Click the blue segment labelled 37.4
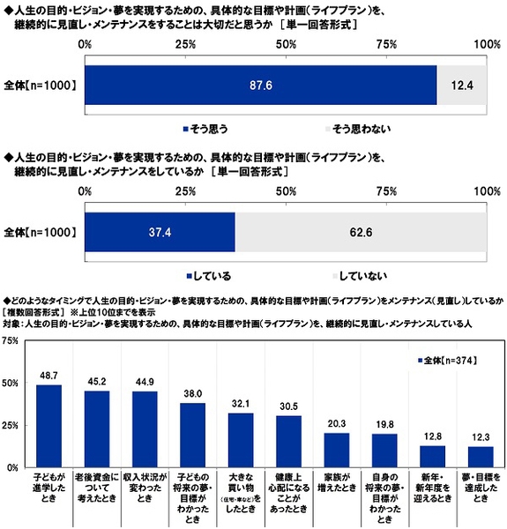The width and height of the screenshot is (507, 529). pos(160,233)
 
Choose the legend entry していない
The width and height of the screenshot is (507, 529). pos(360,276)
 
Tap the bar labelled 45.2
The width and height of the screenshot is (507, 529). pos(97,428)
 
